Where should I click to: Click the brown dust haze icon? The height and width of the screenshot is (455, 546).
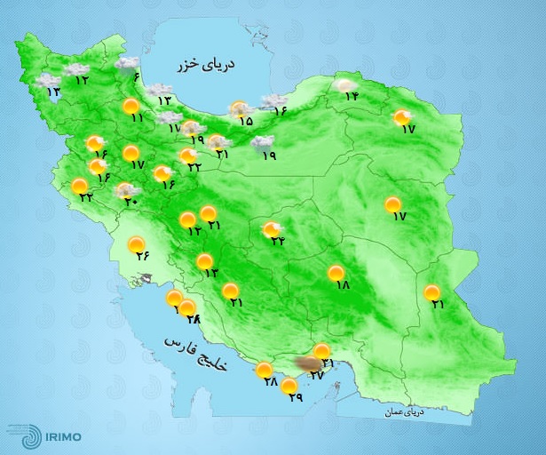point(308,363)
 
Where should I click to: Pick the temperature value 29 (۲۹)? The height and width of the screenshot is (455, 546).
point(296,397)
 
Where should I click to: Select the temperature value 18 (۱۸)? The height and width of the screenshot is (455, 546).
point(344,285)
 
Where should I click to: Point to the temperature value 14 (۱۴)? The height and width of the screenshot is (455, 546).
point(351,97)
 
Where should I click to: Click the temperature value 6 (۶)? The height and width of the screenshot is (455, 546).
point(137,76)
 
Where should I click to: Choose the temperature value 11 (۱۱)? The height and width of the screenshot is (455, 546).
point(136,118)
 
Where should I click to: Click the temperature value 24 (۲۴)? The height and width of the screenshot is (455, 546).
point(278,241)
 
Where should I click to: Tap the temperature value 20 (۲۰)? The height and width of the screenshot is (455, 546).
point(131,201)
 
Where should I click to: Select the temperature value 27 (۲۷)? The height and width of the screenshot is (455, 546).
point(316,377)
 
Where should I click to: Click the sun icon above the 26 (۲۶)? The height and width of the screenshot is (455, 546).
point(137,243)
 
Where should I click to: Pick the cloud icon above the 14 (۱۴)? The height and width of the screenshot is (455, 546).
point(344,85)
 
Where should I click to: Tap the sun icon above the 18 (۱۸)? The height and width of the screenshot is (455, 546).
point(336,273)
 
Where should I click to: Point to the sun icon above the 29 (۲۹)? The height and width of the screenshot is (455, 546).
point(289,385)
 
